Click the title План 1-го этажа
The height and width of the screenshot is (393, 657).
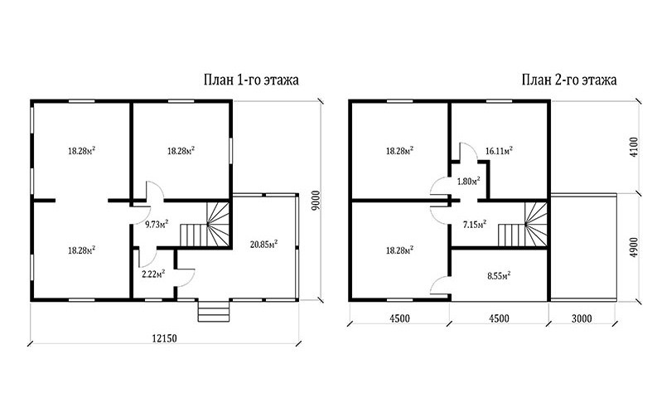point(251,80)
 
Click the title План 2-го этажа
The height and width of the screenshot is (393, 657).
point(569,80)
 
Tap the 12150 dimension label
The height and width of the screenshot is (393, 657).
point(163,338)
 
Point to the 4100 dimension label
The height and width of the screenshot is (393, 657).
point(634,148)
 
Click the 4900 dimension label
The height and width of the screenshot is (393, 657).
point(634,247)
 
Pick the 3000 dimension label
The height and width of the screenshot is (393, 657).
point(582,318)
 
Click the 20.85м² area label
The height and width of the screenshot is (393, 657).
point(264,244)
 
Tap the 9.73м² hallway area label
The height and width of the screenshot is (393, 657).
point(157,224)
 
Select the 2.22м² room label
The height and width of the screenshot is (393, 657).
point(153,274)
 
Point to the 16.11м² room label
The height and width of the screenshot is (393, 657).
point(499,151)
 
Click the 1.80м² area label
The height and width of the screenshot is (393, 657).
point(468,182)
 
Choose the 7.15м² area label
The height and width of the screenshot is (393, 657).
point(474,224)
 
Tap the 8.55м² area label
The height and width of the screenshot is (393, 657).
point(499,276)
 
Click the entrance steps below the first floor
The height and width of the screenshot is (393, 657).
point(214,311)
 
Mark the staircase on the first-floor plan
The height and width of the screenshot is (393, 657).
point(205,225)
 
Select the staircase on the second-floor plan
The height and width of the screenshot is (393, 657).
point(523,225)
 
